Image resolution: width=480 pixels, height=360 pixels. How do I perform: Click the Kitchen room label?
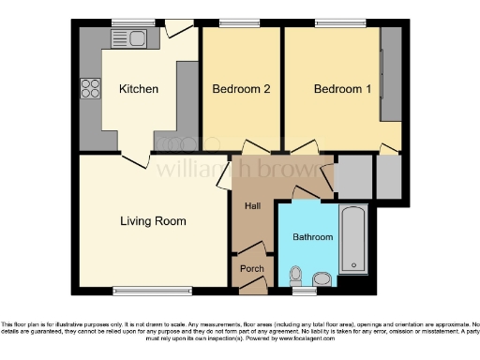pyautogui.click(x=138, y=90)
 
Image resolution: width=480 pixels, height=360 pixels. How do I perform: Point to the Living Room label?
pyautogui.click(x=153, y=222)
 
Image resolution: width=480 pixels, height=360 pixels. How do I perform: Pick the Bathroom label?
pyautogui.click(x=313, y=237)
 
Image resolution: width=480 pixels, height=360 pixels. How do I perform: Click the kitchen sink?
pyautogui.click(x=126, y=38)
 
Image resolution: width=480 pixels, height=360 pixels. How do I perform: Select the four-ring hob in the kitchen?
pyautogui.click(x=92, y=89)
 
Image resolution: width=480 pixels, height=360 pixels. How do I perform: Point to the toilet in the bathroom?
pyautogui.click(x=296, y=276)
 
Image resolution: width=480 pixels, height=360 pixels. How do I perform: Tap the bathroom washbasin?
pyautogui.click(x=322, y=277)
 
